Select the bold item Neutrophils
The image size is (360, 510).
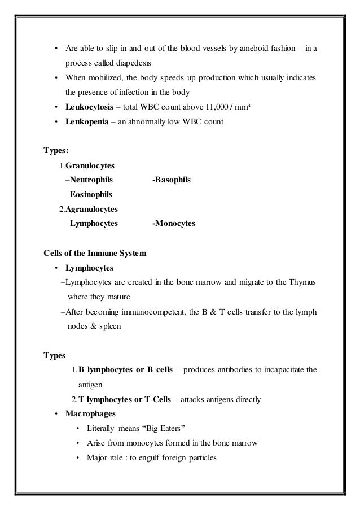[91, 180]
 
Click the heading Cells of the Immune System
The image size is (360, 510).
[95, 253]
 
